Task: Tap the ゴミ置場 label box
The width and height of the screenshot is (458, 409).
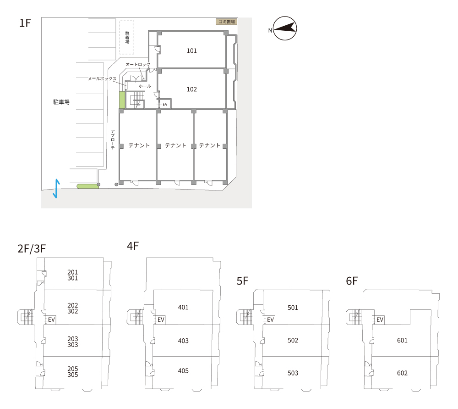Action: click(x=226, y=22)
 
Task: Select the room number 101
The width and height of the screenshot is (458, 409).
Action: click(x=191, y=50)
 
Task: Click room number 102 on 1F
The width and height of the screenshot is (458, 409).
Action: click(x=191, y=90)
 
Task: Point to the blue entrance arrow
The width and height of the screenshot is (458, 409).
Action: click(x=56, y=189)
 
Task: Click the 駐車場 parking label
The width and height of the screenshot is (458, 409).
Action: click(x=61, y=102)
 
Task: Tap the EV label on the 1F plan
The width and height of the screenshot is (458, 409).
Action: click(x=165, y=104)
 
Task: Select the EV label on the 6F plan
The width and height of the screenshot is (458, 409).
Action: click(x=380, y=319)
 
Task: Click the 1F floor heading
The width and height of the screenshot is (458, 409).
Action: click(x=25, y=23)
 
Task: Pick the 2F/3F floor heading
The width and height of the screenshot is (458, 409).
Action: click(x=32, y=248)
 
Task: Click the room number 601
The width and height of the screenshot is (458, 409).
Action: click(x=402, y=340)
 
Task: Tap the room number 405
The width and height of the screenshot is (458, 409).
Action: click(x=183, y=370)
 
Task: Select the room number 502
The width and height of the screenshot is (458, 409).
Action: click(x=293, y=340)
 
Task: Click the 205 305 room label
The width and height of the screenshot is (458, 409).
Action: click(x=73, y=372)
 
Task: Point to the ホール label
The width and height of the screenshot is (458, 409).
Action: click(x=145, y=86)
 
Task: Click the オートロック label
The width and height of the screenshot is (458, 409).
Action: click(x=138, y=64)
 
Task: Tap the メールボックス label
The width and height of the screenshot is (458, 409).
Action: click(x=102, y=79)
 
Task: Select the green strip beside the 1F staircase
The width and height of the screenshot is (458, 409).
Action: click(x=122, y=100)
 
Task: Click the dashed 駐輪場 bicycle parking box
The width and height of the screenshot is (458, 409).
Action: click(x=127, y=38)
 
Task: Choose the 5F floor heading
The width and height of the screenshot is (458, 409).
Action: click(x=242, y=281)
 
